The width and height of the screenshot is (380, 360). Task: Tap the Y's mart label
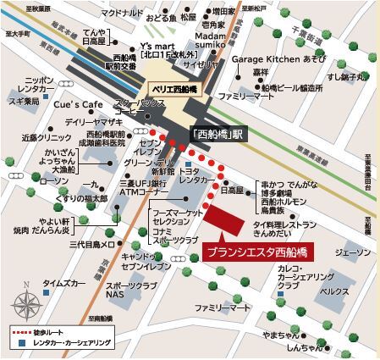click(158, 46)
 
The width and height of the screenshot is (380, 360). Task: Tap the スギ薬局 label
click(23, 100)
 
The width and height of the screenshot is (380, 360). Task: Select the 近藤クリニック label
click(42, 136)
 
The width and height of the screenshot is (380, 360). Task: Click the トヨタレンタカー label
click(193, 176)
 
